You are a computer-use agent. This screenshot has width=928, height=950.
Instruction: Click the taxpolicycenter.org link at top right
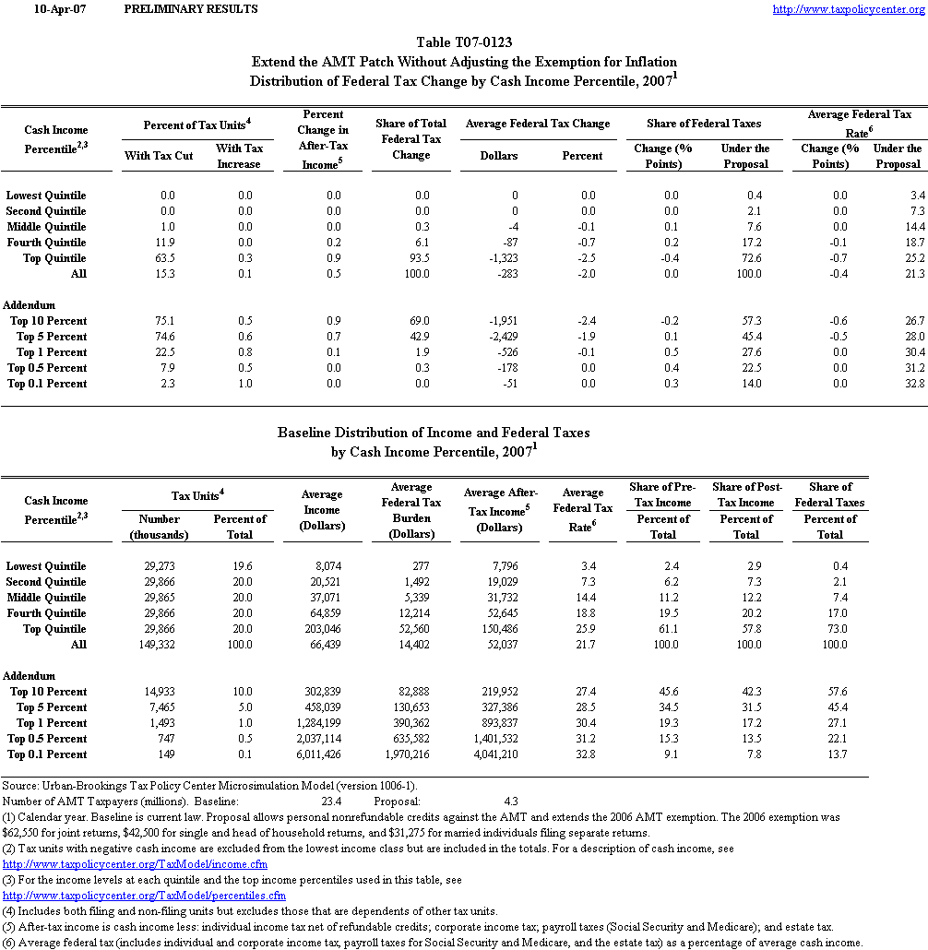tap(847, 9)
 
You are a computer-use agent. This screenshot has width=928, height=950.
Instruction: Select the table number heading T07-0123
tap(464, 42)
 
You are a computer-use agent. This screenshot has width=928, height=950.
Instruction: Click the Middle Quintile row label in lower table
tap(46, 598)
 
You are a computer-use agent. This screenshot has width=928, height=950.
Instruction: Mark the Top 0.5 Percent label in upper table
tap(47, 368)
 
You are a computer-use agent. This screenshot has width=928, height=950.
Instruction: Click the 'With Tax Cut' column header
tap(159, 156)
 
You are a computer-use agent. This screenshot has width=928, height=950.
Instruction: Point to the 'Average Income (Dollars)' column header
tap(322, 510)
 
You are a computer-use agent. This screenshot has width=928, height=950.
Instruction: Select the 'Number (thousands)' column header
tap(159, 527)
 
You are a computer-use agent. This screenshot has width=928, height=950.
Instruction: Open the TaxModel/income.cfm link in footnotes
tap(136, 864)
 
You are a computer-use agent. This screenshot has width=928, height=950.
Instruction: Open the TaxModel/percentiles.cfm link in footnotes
tap(145, 896)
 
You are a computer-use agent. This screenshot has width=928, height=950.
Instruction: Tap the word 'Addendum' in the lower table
tap(30, 676)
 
